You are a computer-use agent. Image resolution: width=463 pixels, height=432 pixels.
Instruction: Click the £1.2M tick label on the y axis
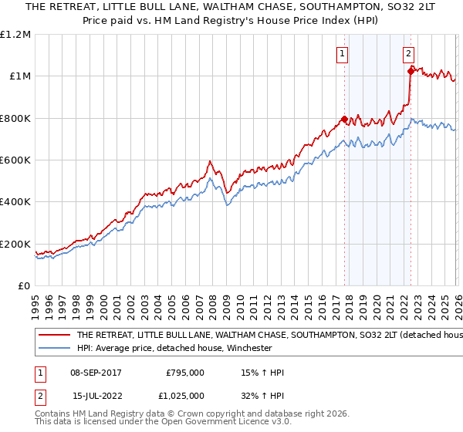click(x=15, y=35)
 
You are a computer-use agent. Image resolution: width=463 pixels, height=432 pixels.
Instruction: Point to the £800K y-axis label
click(x=15, y=119)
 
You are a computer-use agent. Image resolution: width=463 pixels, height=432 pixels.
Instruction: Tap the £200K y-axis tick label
click(x=15, y=244)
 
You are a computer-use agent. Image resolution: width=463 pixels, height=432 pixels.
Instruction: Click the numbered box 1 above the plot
click(x=342, y=54)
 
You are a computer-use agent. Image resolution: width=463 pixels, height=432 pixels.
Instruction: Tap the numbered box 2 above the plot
click(x=408, y=54)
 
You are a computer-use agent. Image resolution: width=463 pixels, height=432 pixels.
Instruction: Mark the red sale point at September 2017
click(x=344, y=120)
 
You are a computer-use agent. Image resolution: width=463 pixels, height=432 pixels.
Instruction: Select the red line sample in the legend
click(x=54, y=336)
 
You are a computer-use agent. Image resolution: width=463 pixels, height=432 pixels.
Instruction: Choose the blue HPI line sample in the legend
click(x=54, y=348)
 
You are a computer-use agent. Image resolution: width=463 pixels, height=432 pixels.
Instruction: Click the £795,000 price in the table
click(x=185, y=373)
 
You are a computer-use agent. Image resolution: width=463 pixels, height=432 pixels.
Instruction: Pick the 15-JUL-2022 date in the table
click(x=96, y=395)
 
